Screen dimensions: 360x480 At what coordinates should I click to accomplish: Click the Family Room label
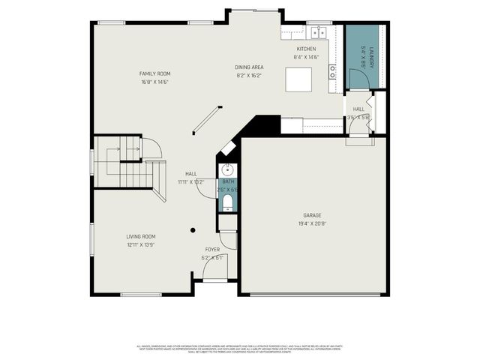coord(154,73)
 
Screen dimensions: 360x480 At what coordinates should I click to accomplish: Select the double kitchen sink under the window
coord(319,32)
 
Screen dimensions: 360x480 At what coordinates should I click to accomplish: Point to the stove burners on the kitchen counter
coord(331,72)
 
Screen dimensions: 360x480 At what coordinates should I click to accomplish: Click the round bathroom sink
coord(228,169)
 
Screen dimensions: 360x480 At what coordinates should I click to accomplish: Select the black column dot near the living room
coord(193,229)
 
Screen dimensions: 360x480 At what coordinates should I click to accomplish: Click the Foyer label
coord(213,249)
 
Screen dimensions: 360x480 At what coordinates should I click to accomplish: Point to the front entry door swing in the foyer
coord(214,271)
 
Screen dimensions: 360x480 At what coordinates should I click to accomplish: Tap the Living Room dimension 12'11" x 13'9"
coord(141,245)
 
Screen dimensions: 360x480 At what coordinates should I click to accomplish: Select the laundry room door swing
coord(352,79)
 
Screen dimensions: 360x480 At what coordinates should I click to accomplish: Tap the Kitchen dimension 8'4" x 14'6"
coord(306,57)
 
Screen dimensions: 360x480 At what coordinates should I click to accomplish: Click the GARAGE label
coord(311,216)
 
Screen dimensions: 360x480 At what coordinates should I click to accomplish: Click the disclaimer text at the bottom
coord(239,348)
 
